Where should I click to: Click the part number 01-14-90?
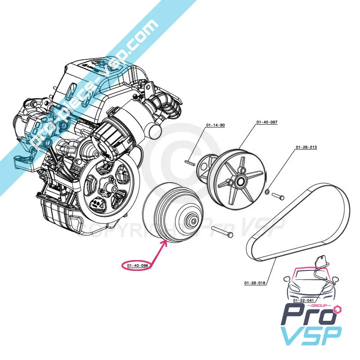[215, 125]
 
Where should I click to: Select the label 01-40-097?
[267, 122]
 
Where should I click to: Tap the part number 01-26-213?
[306, 148]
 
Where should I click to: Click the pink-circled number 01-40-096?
[138, 265]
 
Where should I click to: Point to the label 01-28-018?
[255, 283]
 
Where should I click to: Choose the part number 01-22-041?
[303, 300]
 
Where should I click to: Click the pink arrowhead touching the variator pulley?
[167, 243]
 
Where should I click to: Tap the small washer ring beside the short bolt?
[268, 192]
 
